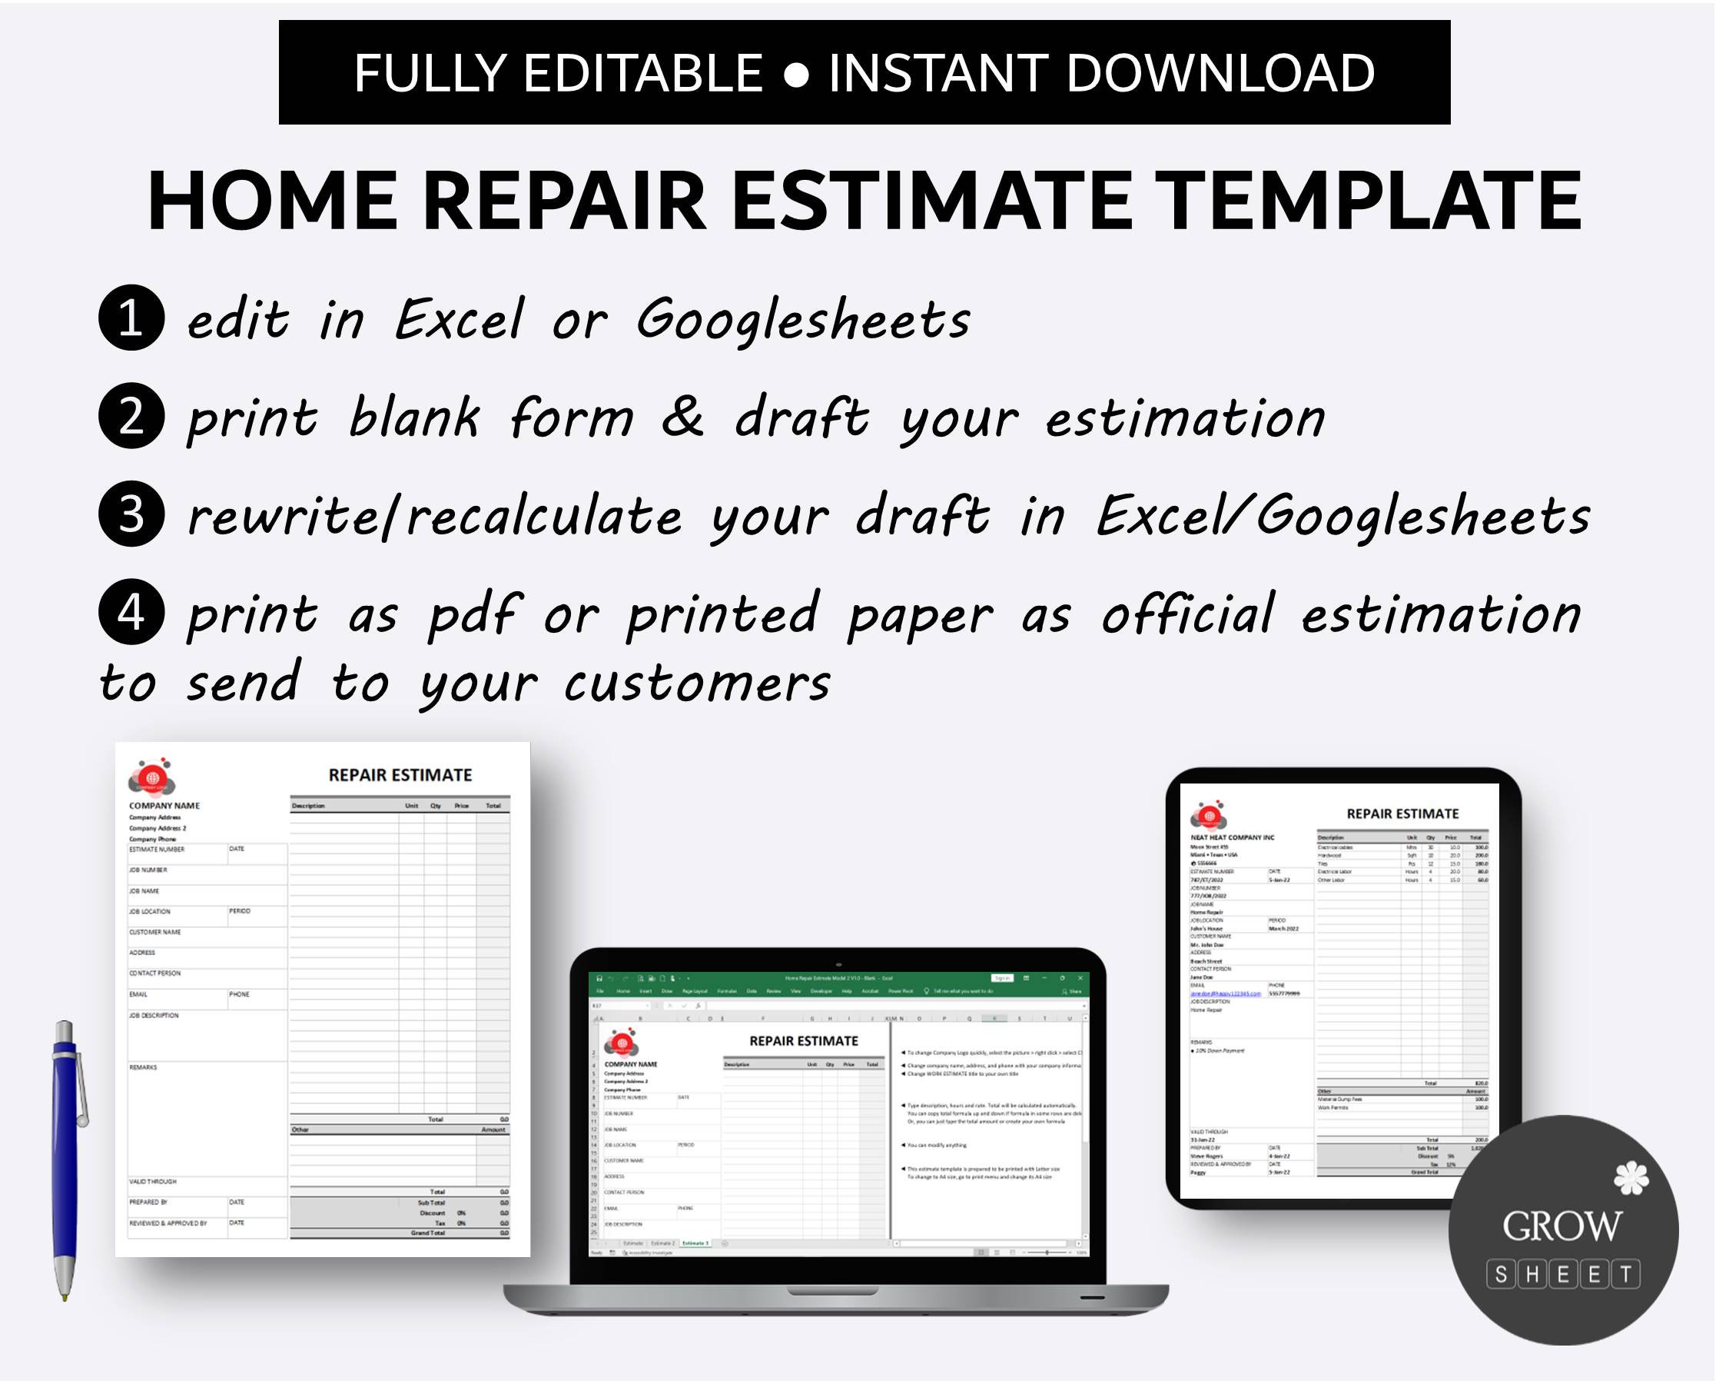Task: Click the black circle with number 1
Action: pyautogui.click(x=131, y=318)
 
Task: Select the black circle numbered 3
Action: pyautogui.click(x=131, y=515)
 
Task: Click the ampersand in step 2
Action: pyautogui.click(x=682, y=418)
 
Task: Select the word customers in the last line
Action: pyautogui.click(x=698, y=684)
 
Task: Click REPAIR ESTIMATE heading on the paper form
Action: pyautogui.click(x=400, y=776)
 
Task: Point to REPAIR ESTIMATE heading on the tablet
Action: pyautogui.click(x=1402, y=814)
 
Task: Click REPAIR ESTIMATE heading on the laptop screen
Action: pyautogui.click(x=804, y=1041)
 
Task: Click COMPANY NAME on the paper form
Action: pyautogui.click(x=164, y=807)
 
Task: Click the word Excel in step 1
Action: pyautogui.click(x=460, y=319)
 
